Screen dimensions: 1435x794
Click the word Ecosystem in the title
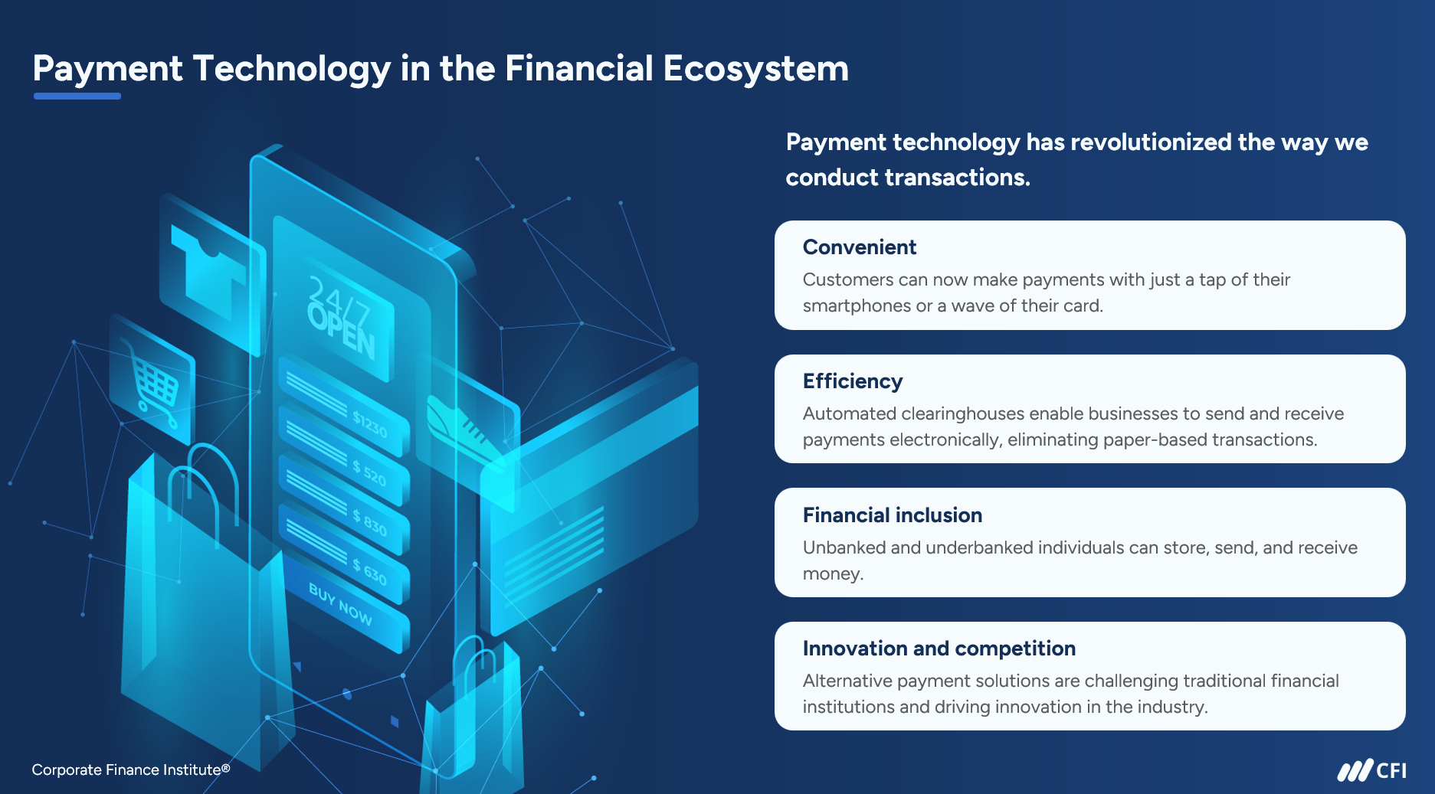click(755, 69)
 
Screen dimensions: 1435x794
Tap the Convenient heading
click(859, 247)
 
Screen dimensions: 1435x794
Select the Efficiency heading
click(853, 381)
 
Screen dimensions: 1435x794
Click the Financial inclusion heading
click(893, 515)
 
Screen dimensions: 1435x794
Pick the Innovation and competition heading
click(939, 649)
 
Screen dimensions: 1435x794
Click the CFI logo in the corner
click(1371, 770)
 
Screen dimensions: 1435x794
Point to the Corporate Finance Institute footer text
click(131, 769)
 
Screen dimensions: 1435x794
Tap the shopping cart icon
click(153, 383)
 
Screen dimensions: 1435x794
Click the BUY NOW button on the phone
click(340, 604)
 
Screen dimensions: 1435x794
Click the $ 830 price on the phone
click(370, 522)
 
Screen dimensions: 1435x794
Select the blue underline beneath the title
click(77, 96)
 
